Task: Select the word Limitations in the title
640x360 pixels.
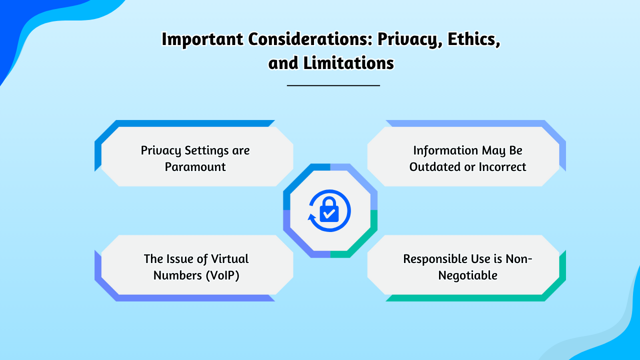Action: (x=348, y=63)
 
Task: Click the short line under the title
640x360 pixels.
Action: (x=333, y=85)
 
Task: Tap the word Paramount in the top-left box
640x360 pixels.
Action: (x=195, y=167)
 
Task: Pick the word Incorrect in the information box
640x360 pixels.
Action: (x=502, y=167)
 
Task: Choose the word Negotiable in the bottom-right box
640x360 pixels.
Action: (x=467, y=275)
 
